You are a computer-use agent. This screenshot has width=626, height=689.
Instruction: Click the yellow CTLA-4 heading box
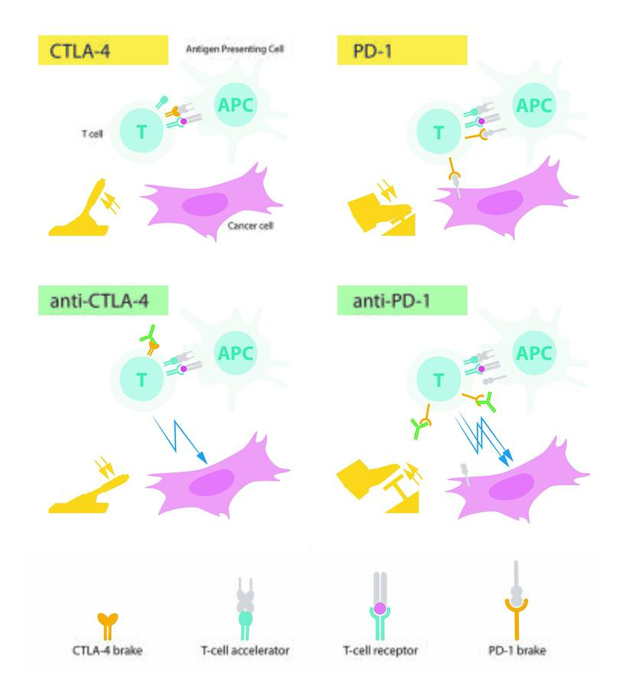pos(103,50)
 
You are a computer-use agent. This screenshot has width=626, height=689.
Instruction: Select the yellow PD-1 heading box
pos(402,50)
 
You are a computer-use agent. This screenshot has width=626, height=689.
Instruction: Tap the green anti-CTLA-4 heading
pos(103,300)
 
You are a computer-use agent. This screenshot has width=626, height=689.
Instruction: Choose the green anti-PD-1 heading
pos(402,300)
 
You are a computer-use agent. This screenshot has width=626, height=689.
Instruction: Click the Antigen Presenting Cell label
pos(235,49)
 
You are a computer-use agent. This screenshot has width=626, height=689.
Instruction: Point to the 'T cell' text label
pos(93,133)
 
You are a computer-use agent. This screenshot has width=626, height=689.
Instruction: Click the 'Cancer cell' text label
pos(250,225)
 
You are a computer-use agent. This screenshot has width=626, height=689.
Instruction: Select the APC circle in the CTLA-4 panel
pos(236,105)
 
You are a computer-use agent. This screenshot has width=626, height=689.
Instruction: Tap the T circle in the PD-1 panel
pos(439,132)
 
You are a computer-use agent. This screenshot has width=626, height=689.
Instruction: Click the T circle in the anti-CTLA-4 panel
pos(142,379)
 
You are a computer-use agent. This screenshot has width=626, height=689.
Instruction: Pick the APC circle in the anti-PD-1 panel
pos(533,352)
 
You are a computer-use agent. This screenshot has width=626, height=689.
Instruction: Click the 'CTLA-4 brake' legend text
pos(108,650)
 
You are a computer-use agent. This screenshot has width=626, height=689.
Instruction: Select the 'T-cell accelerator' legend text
pos(245,650)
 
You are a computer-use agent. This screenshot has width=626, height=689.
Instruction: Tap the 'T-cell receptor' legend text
pos(380,650)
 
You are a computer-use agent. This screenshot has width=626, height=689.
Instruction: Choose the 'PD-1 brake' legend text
pos(517,650)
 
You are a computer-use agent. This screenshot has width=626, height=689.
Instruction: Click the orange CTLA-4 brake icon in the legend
pos(108,627)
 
